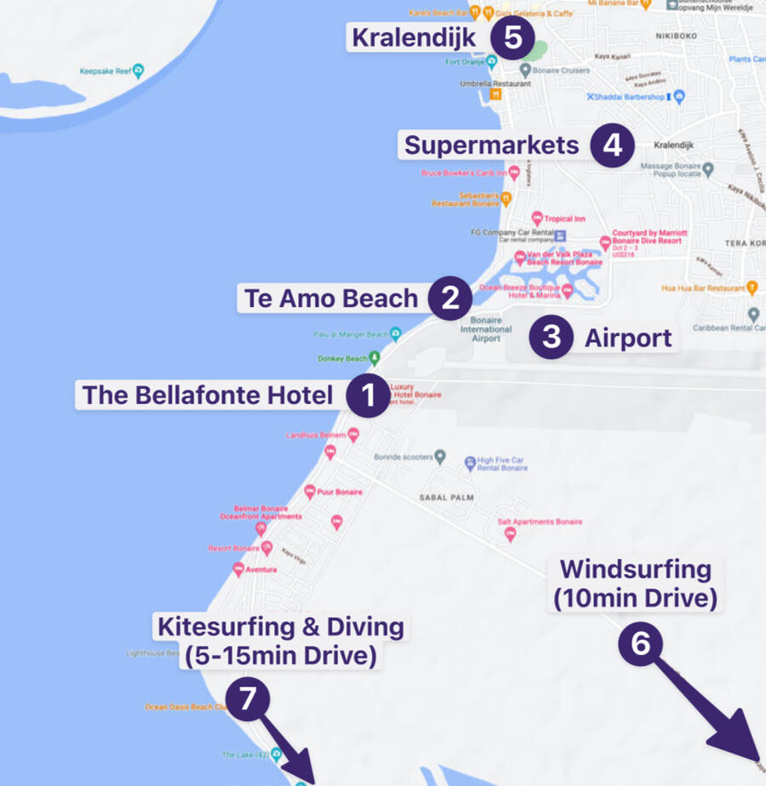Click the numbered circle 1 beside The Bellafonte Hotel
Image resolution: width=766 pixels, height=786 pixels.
[369, 396]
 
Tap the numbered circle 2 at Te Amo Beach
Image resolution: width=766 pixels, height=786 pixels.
[450, 298]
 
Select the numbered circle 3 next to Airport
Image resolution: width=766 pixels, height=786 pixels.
[551, 338]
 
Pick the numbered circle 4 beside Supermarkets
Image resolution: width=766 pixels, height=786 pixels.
[613, 145]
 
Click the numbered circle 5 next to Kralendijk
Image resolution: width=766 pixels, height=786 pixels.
[512, 38]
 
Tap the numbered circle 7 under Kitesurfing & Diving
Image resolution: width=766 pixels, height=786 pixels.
[248, 699]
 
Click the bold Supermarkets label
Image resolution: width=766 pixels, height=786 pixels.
[491, 145]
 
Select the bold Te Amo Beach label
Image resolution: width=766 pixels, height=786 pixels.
[331, 299]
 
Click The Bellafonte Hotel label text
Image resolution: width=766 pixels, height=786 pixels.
[207, 396]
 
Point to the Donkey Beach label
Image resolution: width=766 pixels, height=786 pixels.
[343, 359]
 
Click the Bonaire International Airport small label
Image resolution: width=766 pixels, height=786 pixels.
[486, 329]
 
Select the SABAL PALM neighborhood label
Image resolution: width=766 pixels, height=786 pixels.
[445, 497]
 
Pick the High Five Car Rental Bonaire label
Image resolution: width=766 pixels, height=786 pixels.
[501, 464]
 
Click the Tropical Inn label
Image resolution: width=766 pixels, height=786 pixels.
[564, 219]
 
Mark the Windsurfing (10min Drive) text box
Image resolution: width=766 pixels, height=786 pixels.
[635, 584]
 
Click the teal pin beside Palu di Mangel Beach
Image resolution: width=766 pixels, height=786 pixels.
[395, 333]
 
